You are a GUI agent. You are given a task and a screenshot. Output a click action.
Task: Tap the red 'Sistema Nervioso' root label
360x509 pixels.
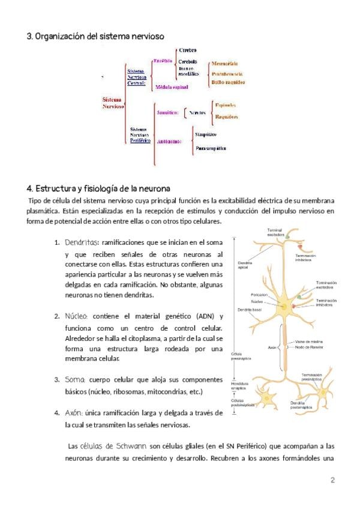pyautogui.click(x=112, y=103)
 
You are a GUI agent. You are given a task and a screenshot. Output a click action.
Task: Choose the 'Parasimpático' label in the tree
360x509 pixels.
pyautogui.click(x=211, y=147)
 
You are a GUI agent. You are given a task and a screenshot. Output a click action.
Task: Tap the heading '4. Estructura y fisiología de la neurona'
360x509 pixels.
pyautogui.click(x=98, y=188)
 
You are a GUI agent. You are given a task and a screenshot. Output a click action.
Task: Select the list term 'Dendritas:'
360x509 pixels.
pyautogui.click(x=81, y=243)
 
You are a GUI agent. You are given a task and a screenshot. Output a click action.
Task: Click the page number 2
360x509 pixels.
pyautogui.click(x=332, y=480)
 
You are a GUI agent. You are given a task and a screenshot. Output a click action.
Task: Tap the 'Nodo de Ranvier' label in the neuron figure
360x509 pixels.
pyautogui.click(x=309, y=347)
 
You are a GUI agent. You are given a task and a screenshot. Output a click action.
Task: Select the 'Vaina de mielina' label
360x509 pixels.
pyautogui.click(x=308, y=341)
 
